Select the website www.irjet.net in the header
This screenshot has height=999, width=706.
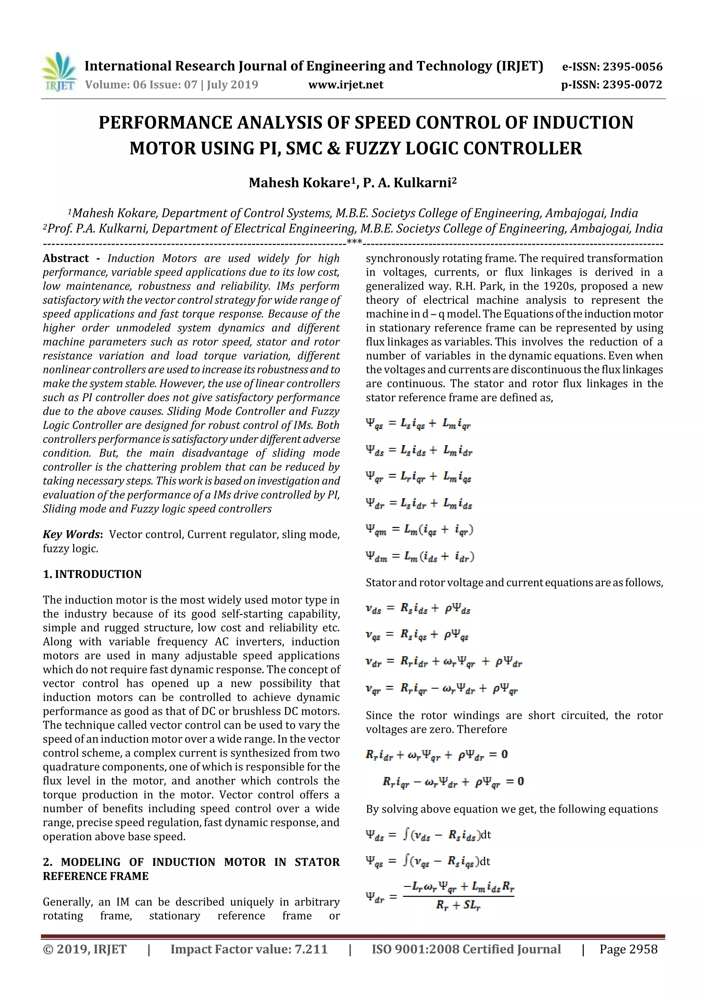pyautogui.click(x=346, y=84)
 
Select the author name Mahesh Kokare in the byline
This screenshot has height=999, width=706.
pyautogui.click(x=300, y=183)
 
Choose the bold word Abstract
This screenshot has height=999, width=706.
pyautogui.click(x=66, y=258)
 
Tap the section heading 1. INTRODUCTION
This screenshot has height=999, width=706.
pyautogui.click(x=92, y=575)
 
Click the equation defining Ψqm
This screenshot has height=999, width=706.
pyautogui.click(x=419, y=530)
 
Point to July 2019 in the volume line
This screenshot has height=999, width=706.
pyautogui.click(x=232, y=84)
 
